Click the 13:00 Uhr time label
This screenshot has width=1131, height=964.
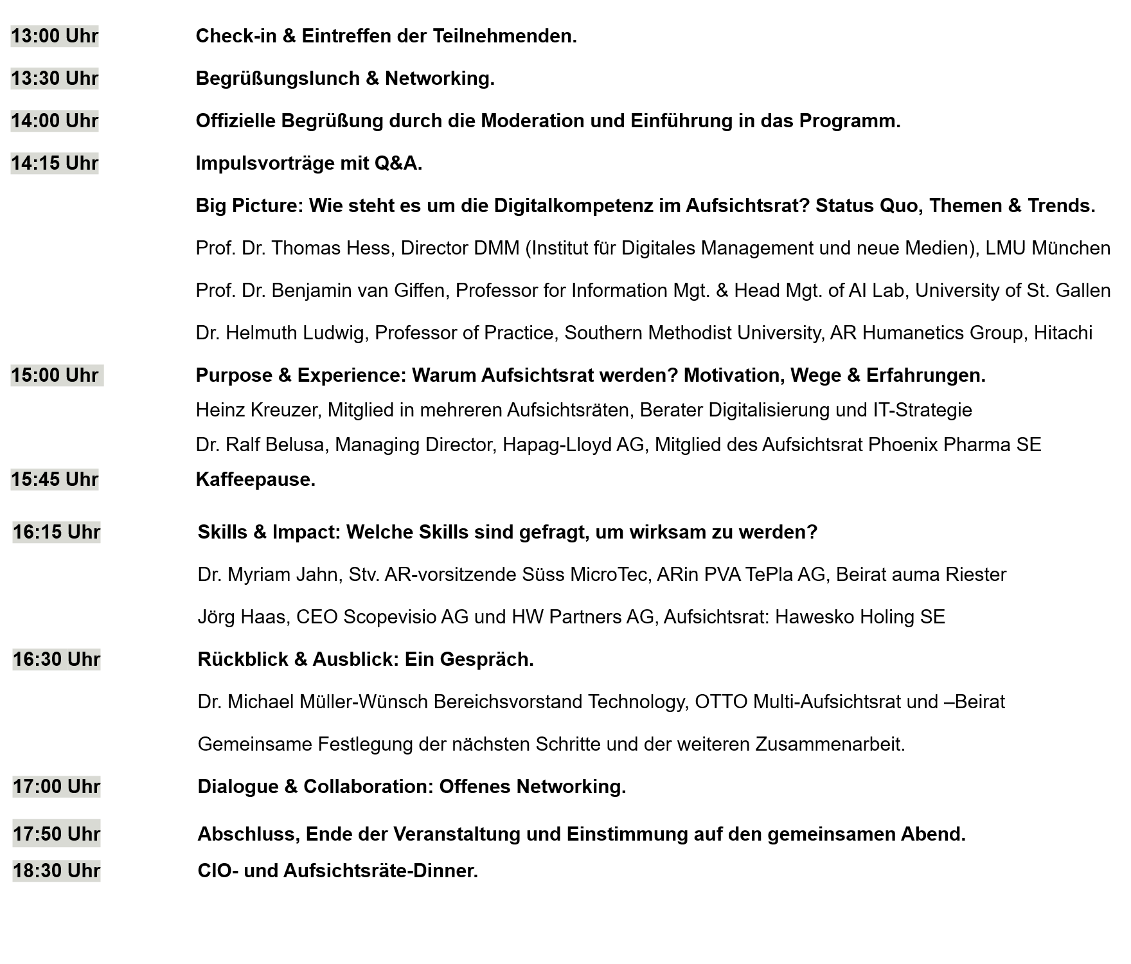pos(55,36)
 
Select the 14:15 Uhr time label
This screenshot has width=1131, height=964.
pos(55,163)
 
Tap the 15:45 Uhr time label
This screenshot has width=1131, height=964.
pos(55,479)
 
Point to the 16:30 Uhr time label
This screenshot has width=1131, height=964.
pos(57,659)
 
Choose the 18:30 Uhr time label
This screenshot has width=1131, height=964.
pos(57,871)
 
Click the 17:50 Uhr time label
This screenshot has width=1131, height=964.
pos(57,834)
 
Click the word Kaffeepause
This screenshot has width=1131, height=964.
pos(255,479)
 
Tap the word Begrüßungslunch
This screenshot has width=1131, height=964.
pos(278,78)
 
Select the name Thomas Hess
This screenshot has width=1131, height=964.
pos(331,248)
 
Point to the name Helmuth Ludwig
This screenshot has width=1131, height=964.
pos(295,333)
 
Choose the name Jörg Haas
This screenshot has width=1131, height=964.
pos(241,617)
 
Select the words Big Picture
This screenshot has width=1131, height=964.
pos(247,206)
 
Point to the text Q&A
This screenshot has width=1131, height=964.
pos(398,163)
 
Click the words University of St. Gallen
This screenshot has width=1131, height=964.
pos(1013,290)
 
